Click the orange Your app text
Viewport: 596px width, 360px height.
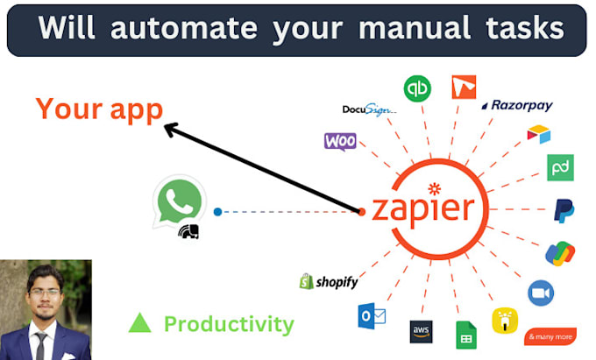tap(99, 109)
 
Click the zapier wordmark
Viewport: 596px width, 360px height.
tap(422, 208)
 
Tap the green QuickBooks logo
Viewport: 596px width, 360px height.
tap(416, 88)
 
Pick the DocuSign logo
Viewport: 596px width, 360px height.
tap(369, 110)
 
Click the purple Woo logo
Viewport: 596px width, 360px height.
tap(340, 141)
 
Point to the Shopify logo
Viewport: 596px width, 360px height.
tap(328, 281)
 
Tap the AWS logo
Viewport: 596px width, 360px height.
tap(422, 332)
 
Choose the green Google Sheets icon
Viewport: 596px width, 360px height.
tap(465, 335)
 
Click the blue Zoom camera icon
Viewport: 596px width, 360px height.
tap(540, 293)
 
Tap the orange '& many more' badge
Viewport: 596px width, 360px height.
tap(550, 336)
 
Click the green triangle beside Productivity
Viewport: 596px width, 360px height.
tap(139, 323)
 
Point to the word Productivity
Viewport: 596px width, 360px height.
tap(229, 324)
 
